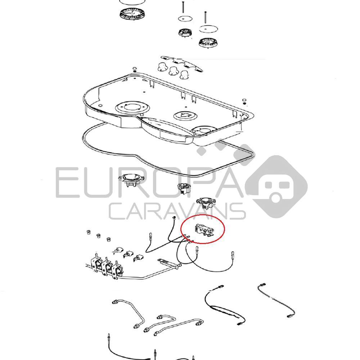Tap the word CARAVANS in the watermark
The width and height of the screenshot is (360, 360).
(177, 211)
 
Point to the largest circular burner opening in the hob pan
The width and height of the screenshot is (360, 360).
(132, 107)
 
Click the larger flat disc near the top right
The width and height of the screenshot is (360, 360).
(208, 29)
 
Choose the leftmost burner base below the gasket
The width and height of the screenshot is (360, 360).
(131, 180)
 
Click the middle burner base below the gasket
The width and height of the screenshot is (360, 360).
(184, 188)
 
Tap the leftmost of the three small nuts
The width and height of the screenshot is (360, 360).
(87, 232)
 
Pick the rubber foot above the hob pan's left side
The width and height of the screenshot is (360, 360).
(135, 69)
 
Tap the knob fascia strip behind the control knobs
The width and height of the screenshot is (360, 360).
(183, 64)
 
